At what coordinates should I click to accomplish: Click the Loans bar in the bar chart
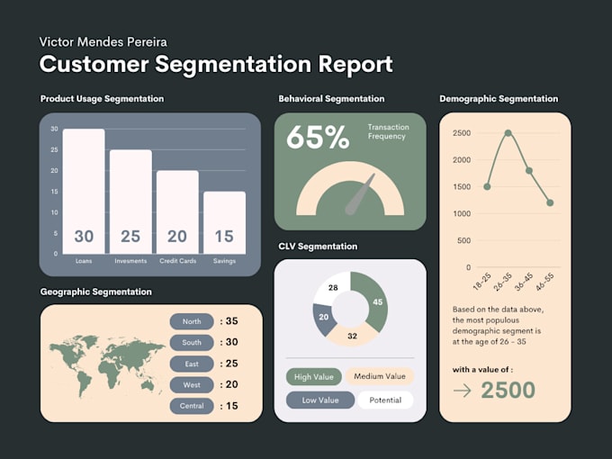click(84, 191)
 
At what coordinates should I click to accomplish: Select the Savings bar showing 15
click(224, 222)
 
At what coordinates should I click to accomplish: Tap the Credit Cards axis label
click(178, 261)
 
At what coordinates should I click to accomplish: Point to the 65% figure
click(317, 137)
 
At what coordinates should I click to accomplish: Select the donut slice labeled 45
click(372, 301)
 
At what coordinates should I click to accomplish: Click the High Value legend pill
click(314, 377)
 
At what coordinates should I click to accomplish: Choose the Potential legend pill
click(384, 400)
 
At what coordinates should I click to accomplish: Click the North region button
click(192, 321)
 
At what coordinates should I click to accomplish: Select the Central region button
click(192, 406)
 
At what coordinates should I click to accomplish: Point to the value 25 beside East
click(231, 364)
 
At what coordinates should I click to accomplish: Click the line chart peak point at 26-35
click(508, 133)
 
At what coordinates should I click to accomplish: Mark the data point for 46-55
click(550, 202)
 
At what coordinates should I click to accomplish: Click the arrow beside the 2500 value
click(462, 391)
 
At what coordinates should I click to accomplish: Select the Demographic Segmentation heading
click(499, 99)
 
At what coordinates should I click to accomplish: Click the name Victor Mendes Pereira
click(103, 42)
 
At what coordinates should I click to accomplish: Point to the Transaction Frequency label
click(387, 131)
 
